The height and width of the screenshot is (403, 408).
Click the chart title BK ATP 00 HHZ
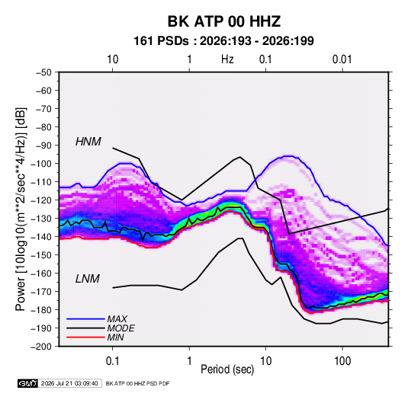tap(224, 21)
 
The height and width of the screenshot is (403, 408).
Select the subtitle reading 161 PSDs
tap(161, 41)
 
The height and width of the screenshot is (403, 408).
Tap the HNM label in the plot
tap(88, 142)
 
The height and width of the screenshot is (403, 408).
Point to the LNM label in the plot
tap(88, 279)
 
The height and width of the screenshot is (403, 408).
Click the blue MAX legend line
tap(85, 318)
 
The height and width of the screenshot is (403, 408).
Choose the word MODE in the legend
tap(120, 328)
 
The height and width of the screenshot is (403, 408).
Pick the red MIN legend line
tap(85, 337)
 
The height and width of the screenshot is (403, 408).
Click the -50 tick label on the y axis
tap(43, 72)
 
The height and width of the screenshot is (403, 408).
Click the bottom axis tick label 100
tap(342, 361)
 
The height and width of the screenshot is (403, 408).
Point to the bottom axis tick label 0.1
tap(112, 361)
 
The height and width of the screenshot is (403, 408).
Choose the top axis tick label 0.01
tap(342, 59)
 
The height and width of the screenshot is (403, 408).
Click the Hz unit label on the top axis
tap(227, 59)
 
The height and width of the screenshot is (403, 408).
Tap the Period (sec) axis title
tap(227, 369)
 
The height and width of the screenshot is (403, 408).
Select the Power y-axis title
tap(21, 209)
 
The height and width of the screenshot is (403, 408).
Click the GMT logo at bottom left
tap(27, 383)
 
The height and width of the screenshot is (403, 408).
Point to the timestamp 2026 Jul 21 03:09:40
tap(69, 383)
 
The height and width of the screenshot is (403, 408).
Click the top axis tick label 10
tap(112, 59)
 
